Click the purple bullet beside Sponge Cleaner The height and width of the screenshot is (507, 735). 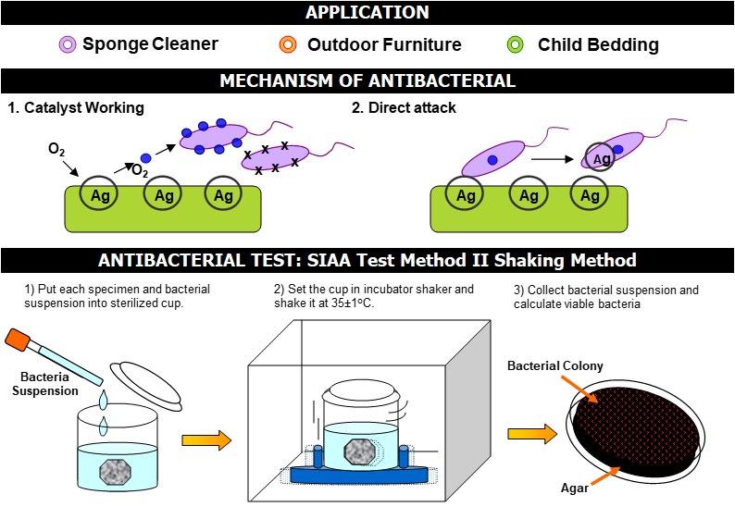(x=67, y=44)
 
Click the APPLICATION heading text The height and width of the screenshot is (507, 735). (x=367, y=13)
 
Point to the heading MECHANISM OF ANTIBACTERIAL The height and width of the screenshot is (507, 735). (x=367, y=80)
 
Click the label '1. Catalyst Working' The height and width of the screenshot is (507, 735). (x=76, y=108)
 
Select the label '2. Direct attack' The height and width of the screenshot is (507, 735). (x=404, y=108)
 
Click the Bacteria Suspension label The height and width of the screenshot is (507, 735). (x=46, y=382)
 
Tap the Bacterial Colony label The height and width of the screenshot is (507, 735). (x=555, y=366)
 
